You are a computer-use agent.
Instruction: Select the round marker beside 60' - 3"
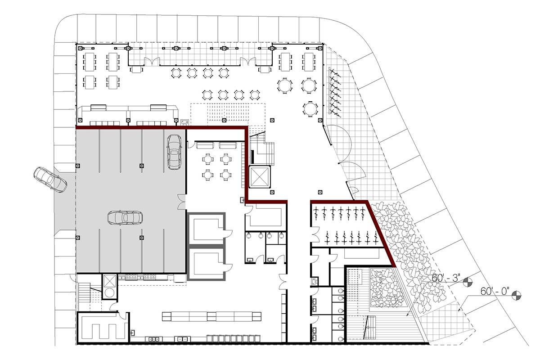click(468, 283)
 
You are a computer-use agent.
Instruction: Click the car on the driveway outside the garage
click(50, 180)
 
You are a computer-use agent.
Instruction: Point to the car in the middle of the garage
click(125, 217)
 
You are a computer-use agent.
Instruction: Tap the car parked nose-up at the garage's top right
click(174, 152)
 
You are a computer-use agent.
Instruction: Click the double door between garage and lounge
click(181, 202)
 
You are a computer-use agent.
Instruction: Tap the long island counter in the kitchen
click(211, 315)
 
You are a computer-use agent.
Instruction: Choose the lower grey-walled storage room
click(206, 263)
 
